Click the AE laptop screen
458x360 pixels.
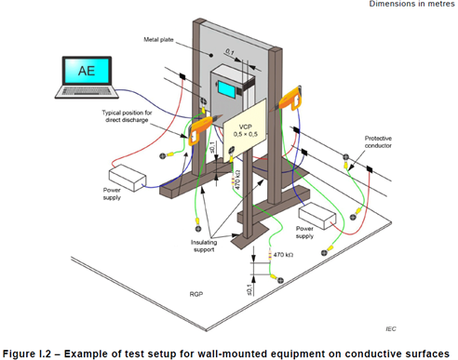[x=87, y=71]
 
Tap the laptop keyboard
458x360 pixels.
[x=87, y=91]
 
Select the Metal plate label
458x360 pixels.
[x=158, y=40]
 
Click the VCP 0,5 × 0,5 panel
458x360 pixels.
[x=245, y=130]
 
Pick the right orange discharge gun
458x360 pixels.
[x=290, y=99]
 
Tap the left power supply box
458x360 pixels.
[x=128, y=178]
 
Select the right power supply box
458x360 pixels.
[x=317, y=216]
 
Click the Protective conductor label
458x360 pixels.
[x=378, y=141]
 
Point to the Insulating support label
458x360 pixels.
[x=204, y=246]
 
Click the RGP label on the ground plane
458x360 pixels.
[x=196, y=294]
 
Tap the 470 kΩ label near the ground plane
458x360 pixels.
[x=283, y=255]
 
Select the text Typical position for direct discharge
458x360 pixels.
[x=127, y=116]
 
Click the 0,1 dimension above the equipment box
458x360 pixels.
[x=230, y=52]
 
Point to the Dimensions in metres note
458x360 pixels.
[x=411, y=4]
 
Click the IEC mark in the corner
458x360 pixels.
[x=391, y=328]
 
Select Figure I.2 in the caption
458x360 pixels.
[x=27, y=353]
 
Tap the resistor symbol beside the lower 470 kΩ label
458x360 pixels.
[x=270, y=255]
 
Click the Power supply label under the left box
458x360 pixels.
[x=112, y=193]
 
